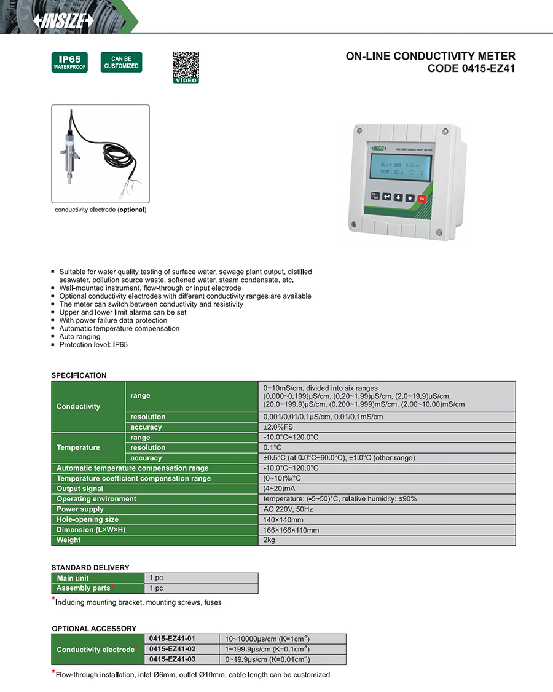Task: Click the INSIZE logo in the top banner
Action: [x=64, y=20]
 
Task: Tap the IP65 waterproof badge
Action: [x=69, y=62]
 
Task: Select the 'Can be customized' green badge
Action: [x=121, y=62]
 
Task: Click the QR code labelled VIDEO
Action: [x=186, y=66]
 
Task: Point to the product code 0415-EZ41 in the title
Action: [x=471, y=69]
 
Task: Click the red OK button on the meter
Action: [x=422, y=198]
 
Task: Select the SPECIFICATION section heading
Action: [x=79, y=375]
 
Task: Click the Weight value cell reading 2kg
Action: [x=269, y=540]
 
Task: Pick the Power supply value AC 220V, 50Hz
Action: [x=288, y=509]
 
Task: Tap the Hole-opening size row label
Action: [x=87, y=520]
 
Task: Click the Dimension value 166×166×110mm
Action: [x=291, y=530]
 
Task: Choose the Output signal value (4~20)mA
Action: [x=280, y=489]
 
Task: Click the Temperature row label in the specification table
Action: [x=78, y=447]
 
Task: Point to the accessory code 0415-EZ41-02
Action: [x=172, y=649]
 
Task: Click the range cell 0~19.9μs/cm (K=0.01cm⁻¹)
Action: [x=267, y=659]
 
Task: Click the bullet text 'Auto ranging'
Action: [x=79, y=337]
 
